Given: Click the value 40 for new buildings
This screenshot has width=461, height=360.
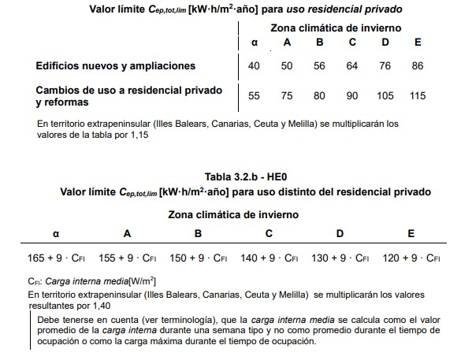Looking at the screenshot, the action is point(254,65).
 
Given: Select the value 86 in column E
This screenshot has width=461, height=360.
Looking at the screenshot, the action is point(417,65).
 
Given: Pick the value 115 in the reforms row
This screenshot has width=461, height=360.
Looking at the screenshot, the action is point(417,96).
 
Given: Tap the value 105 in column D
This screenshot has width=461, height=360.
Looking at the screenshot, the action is point(385,96).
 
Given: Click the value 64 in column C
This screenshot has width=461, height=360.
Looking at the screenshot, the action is point(352,65).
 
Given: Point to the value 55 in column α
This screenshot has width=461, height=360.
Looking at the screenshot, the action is point(254,96).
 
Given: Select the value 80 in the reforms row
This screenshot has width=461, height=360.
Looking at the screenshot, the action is point(319,96).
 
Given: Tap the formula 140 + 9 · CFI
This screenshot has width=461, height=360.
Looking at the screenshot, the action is point(269,258).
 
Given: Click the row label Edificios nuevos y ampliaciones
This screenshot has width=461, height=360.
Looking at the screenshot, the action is point(115,65).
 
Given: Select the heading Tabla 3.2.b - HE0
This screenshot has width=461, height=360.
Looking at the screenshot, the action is point(234,178).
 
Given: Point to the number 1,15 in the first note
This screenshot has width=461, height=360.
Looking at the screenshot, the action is point(136,135).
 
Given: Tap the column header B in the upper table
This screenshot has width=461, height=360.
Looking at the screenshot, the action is point(319,42).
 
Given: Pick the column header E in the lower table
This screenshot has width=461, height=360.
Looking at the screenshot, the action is point(411,233).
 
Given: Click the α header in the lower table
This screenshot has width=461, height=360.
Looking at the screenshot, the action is point(55,233).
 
